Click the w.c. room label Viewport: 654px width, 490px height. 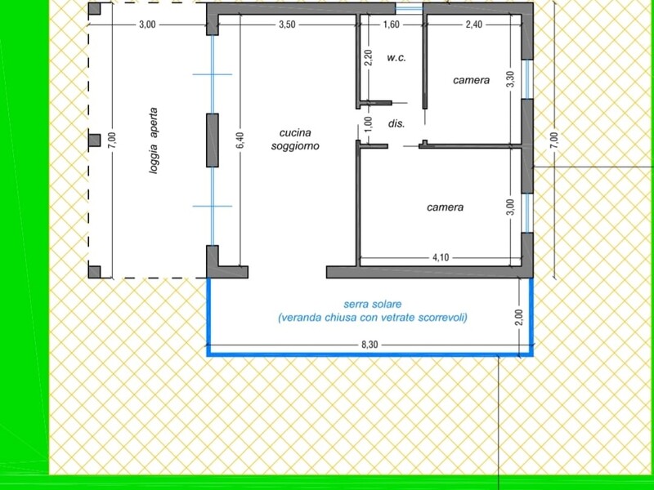click(x=396, y=58)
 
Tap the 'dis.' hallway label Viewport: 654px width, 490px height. click(x=396, y=124)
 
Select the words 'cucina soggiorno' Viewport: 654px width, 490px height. click(x=295, y=139)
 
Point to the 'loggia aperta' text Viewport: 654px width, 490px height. click(x=154, y=140)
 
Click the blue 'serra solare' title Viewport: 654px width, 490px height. click(x=373, y=304)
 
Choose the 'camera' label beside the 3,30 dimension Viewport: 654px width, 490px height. click(x=472, y=80)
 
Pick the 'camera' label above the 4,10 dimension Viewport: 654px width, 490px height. click(x=445, y=207)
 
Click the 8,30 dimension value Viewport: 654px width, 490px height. click(x=370, y=345)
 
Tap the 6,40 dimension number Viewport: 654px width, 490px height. click(x=240, y=140)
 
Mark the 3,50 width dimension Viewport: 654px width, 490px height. click(x=288, y=24)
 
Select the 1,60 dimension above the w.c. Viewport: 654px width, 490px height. click(x=392, y=24)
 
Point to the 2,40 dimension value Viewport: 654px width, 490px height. click(x=474, y=24)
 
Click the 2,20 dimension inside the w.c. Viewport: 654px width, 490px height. click(x=369, y=57)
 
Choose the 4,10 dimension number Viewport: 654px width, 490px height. click(x=441, y=257)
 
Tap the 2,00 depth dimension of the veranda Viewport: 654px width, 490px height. click(x=519, y=317)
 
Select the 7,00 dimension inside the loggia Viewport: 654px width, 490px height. click(x=112, y=140)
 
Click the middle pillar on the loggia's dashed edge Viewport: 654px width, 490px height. click(x=94, y=140)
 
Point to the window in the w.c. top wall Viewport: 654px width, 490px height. click(x=410, y=8)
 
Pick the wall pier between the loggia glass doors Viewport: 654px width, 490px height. click(x=213, y=140)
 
